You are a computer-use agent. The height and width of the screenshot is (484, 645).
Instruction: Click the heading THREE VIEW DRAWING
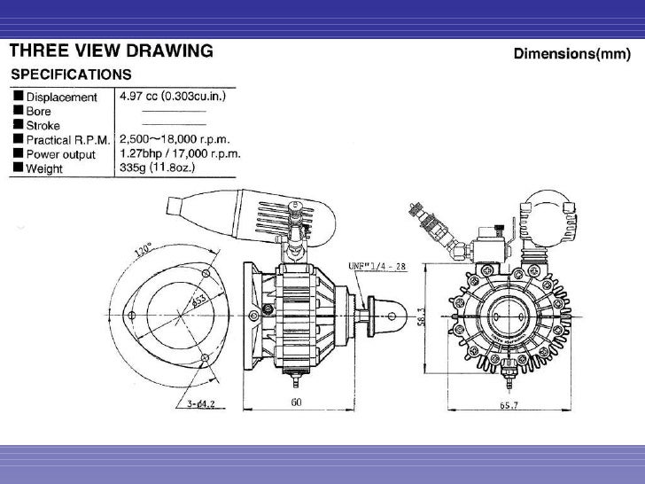tap(111, 51)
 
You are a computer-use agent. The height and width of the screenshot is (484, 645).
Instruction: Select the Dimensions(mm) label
tap(572, 54)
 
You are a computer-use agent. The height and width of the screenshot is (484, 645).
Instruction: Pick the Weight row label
tap(43, 167)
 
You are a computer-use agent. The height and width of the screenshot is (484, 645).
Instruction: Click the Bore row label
tap(39, 111)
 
